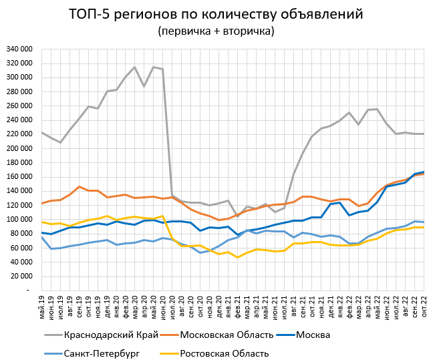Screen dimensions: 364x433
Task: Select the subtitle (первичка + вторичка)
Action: click(216, 31)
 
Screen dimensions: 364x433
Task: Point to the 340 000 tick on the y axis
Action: click(19, 49)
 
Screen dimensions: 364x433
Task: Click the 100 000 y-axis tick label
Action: click(19, 220)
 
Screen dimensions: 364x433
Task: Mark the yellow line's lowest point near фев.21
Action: click(237, 258)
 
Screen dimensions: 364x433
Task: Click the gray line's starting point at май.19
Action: click(41, 132)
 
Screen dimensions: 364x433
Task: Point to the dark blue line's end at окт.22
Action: click(423, 172)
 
